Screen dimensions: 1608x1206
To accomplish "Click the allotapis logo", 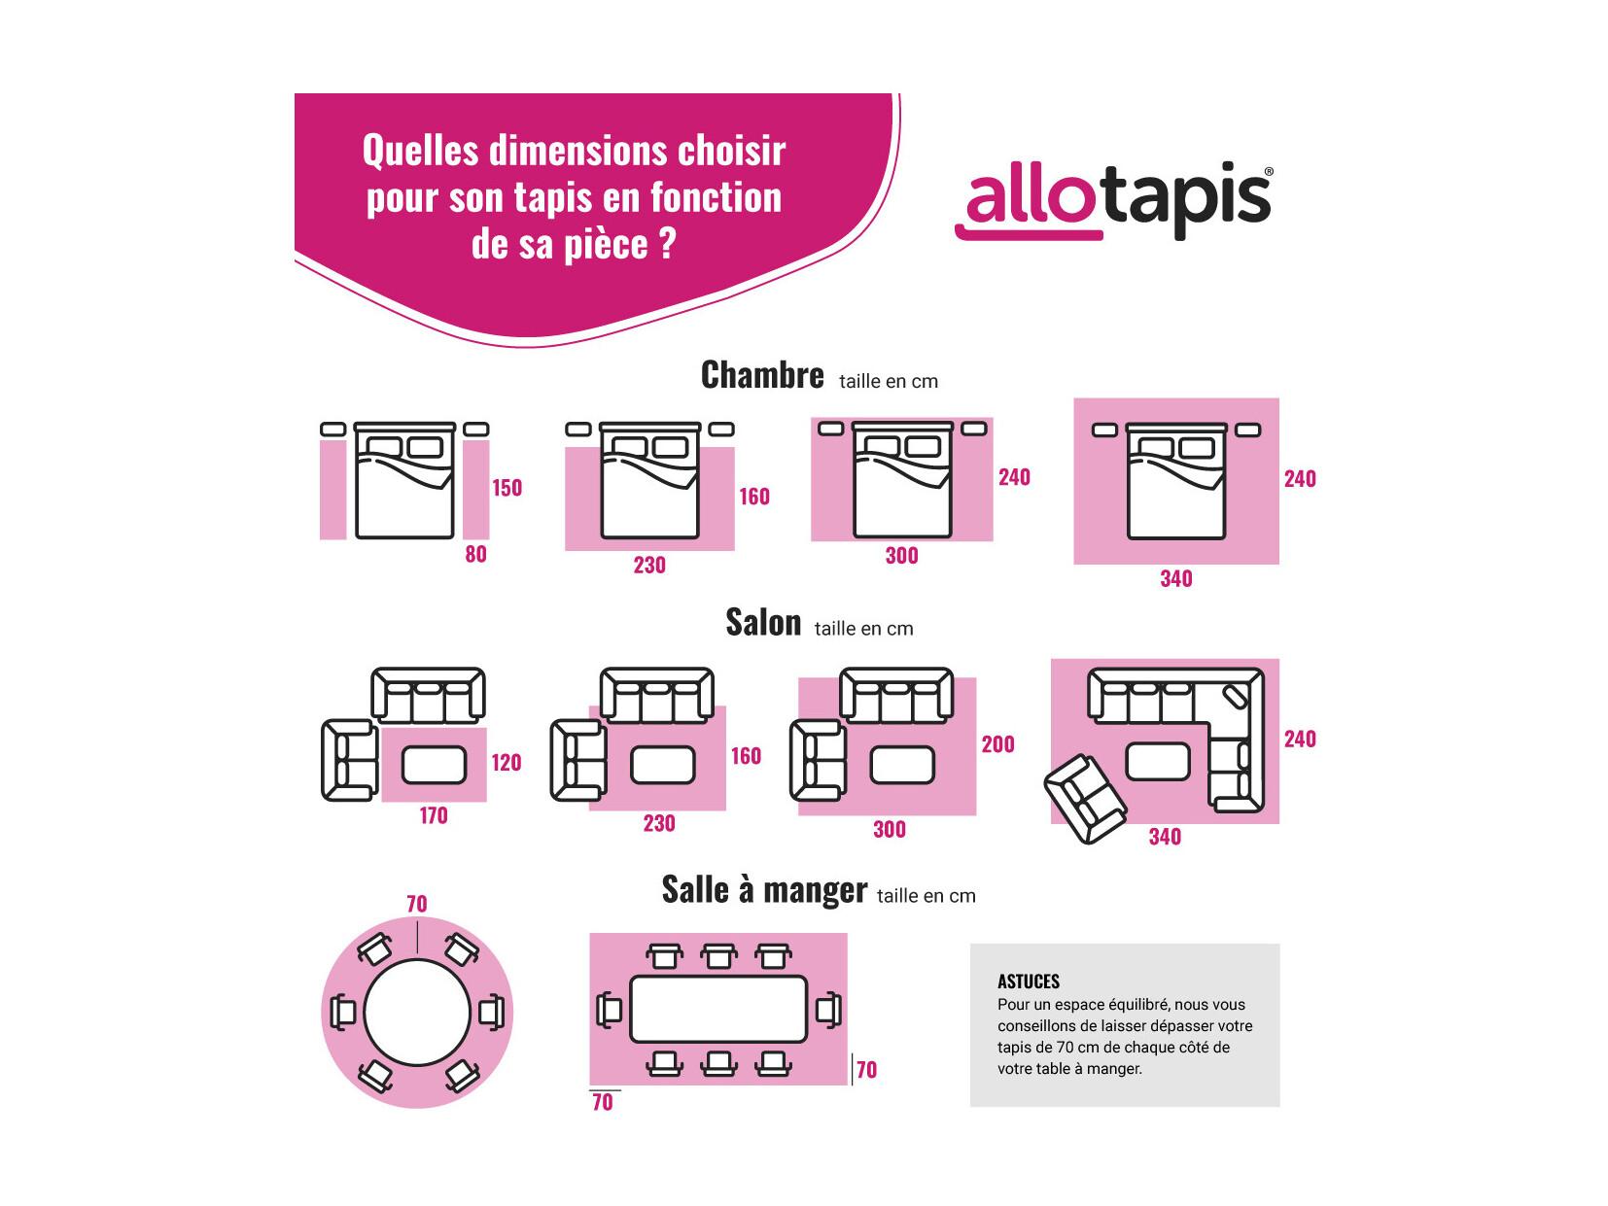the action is tap(1113, 200).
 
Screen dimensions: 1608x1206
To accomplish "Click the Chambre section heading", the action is tap(762, 376).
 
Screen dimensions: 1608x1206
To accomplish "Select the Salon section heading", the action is tap(763, 623).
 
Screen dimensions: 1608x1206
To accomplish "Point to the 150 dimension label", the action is tap(507, 488).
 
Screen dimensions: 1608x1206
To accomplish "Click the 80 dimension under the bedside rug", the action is tap(475, 554).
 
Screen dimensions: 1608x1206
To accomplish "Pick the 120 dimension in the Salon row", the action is tap(507, 762).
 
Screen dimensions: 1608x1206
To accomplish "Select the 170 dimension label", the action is tap(433, 815).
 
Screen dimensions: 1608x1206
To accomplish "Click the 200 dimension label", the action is tap(997, 744).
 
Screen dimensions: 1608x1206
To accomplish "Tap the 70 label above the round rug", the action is tap(417, 905).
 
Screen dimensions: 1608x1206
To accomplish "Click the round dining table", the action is tap(417, 1014).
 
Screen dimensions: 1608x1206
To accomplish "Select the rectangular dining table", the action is tap(717, 1009).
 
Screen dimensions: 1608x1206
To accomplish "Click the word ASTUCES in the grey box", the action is tap(1029, 982).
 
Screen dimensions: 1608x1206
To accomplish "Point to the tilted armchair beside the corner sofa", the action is tap(1085, 799).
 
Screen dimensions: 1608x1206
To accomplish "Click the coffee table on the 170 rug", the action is tap(434, 765).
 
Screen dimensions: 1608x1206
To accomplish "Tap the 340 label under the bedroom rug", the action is tap(1175, 579).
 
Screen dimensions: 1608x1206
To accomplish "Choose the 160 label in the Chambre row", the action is tap(753, 497).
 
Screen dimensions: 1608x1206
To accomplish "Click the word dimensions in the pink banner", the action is tap(576, 151).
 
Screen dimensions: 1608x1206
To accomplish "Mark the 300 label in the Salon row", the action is tap(890, 830).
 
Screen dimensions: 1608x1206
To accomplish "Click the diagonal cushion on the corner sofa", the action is tap(1236, 696).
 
